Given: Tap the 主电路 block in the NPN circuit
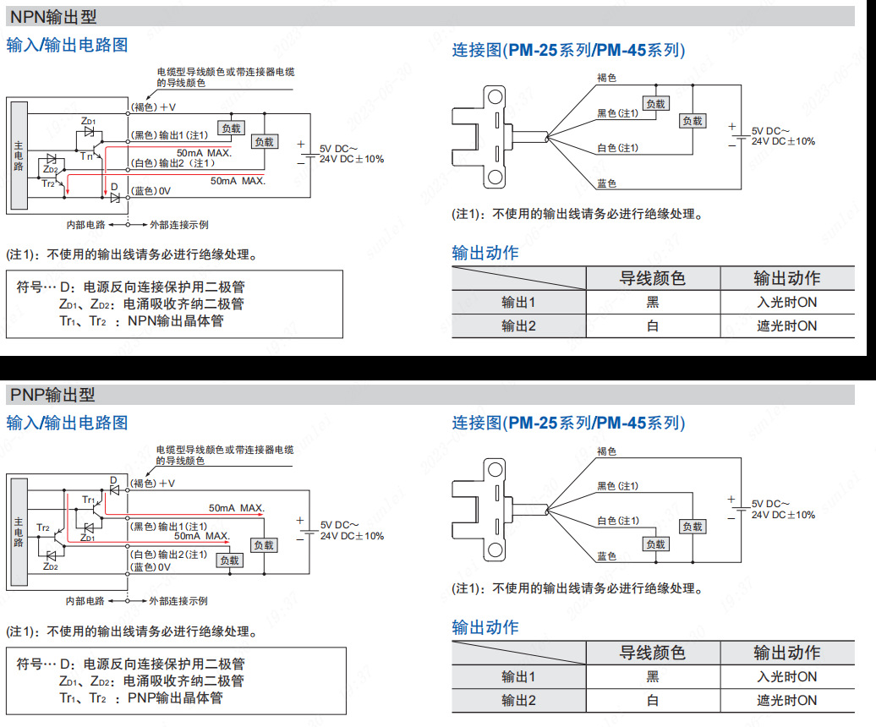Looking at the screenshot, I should coord(19,156).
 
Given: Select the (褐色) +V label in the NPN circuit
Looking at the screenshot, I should coord(153,107).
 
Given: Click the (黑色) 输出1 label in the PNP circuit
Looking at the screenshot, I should coord(167,527).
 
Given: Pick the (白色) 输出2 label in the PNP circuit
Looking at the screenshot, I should coord(167,555).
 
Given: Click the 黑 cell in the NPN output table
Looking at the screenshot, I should coord(652,302).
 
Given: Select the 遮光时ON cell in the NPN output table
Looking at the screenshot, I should coord(786,325).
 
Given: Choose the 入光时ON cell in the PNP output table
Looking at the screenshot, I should coord(786,676).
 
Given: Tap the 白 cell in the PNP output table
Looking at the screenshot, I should coord(652,700).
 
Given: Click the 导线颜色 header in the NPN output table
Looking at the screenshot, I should coord(652,278).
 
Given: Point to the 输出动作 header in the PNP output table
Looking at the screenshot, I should coord(786,653).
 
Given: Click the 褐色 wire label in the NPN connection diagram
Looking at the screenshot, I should coord(606,77).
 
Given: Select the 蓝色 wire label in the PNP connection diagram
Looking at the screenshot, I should coord(606,555).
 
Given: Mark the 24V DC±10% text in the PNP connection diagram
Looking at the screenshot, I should coord(783,515).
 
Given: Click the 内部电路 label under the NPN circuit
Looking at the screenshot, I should coord(86,225).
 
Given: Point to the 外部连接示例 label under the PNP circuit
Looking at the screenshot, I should coord(178,601).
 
